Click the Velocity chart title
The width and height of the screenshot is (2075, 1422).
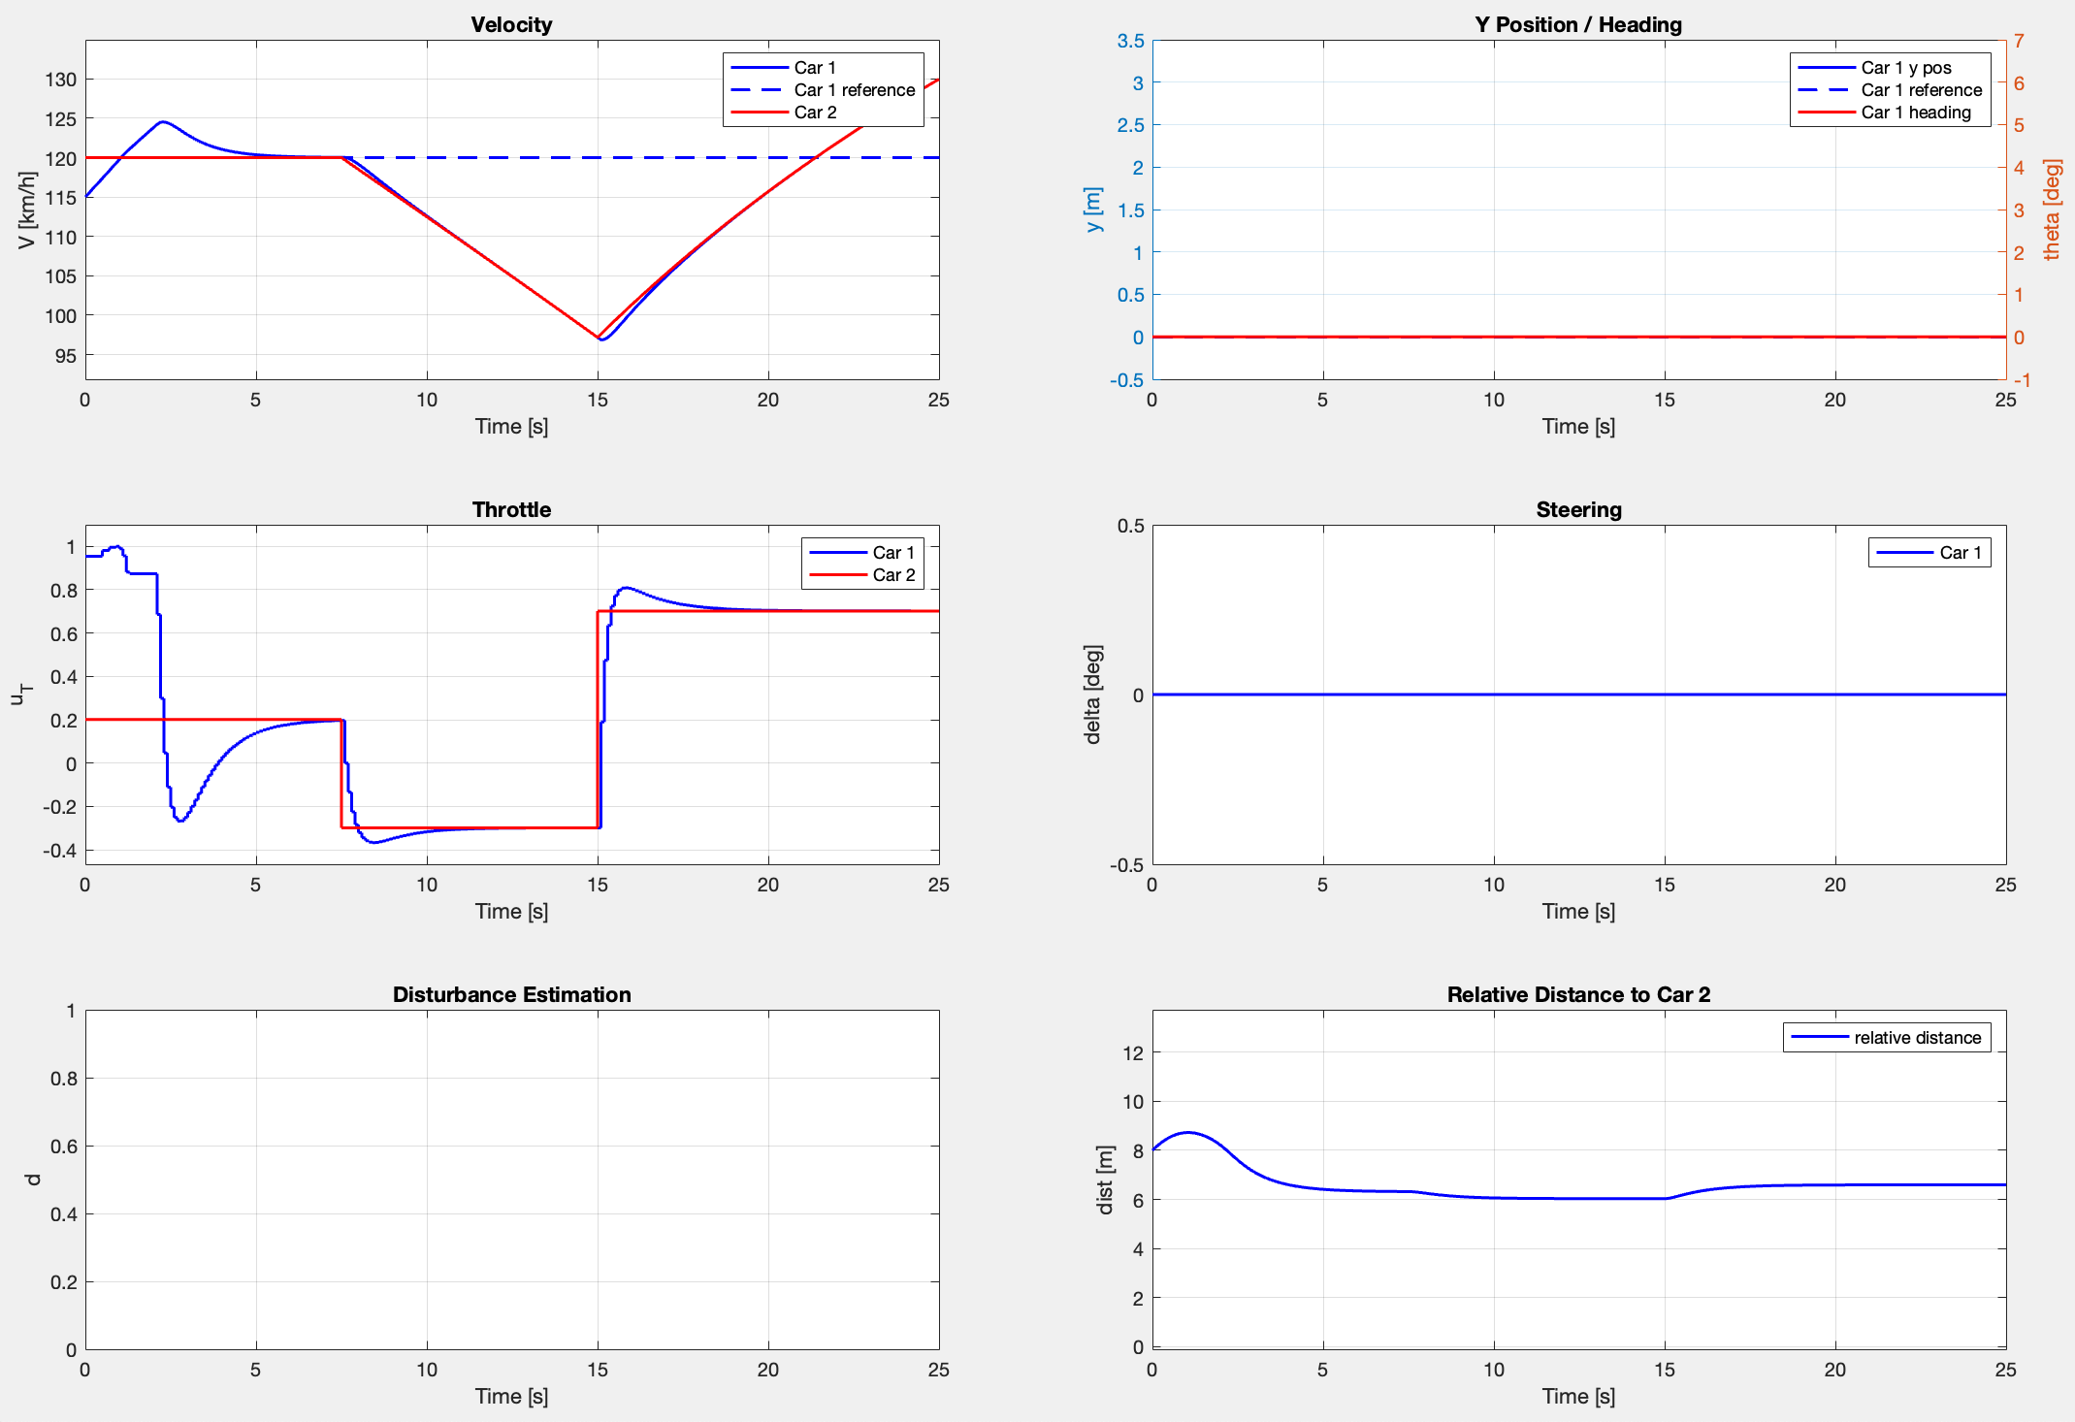tap(511, 24)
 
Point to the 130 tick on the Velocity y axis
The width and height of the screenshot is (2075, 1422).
tap(61, 80)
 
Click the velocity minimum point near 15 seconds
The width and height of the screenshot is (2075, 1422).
tap(602, 339)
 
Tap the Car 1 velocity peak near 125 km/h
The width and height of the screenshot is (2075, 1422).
tap(162, 122)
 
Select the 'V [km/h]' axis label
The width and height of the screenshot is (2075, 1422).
tap(26, 210)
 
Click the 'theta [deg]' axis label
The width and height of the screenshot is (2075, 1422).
tap(2051, 210)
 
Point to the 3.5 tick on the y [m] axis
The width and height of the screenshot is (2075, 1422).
tap(1130, 41)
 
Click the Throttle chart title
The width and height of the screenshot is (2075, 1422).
tap(511, 509)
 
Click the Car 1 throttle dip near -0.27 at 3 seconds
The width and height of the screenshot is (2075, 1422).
tap(180, 821)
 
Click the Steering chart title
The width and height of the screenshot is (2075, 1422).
tap(1578, 509)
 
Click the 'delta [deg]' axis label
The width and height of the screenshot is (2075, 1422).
tap(1093, 695)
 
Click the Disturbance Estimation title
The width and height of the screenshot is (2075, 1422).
tap(511, 994)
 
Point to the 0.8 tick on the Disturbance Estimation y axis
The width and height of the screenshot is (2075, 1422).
tap(63, 1079)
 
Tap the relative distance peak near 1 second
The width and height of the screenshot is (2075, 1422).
tap(1187, 1133)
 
